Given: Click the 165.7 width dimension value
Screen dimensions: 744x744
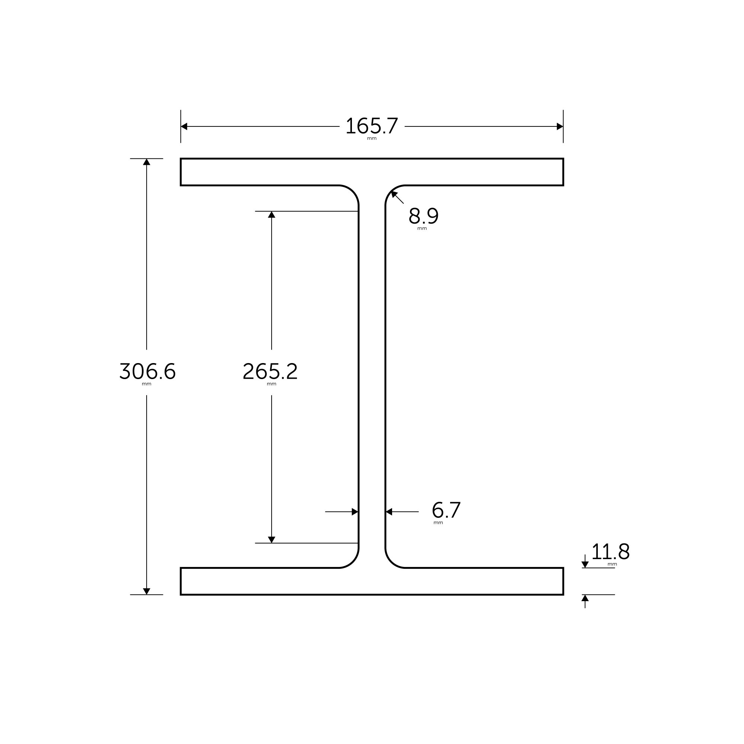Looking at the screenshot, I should (x=372, y=126).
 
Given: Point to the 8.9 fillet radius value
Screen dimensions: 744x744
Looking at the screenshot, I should (x=423, y=216).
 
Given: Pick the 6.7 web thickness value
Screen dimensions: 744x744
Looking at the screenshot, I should (x=446, y=510).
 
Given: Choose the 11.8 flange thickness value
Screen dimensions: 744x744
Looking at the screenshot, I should (x=610, y=552).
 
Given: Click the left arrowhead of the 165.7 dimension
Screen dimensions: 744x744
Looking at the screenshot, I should (x=184, y=126).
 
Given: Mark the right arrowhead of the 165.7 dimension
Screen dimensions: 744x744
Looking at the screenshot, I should (x=560, y=126).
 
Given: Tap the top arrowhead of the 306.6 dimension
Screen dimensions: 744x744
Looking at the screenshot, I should (x=147, y=162).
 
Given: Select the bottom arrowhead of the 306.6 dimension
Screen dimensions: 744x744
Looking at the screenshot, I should (x=147, y=591).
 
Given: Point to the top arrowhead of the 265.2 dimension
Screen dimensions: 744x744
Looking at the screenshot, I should (x=272, y=215).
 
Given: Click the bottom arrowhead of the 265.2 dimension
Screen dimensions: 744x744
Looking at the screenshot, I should (x=272, y=539).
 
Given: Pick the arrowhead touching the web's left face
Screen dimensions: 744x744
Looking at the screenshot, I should (x=355, y=512).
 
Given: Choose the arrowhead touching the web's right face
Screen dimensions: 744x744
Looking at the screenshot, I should (x=389, y=512).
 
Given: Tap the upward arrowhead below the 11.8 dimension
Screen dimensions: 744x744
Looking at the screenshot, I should (x=585, y=598).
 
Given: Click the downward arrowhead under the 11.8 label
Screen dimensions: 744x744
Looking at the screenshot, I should (x=585, y=565).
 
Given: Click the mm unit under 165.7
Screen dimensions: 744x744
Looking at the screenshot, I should (x=372, y=139).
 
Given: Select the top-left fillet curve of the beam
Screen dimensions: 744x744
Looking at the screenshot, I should (x=353, y=191).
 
